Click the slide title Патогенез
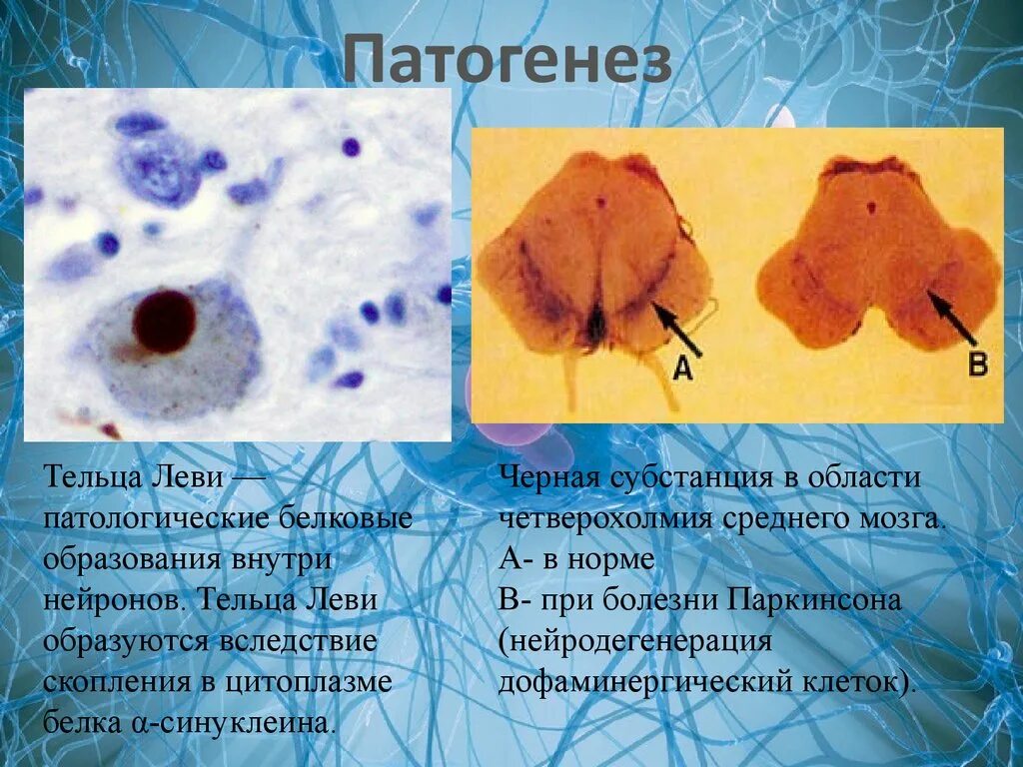tap(509, 62)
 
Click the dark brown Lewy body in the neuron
tap(163, 322)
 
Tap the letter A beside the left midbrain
tap(681, 369)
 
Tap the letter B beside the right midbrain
tap(978, 363)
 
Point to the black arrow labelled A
tap(676, 329)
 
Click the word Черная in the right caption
tap(545, 477)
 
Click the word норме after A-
tap(610, 559)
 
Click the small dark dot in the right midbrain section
tap(871, 209)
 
